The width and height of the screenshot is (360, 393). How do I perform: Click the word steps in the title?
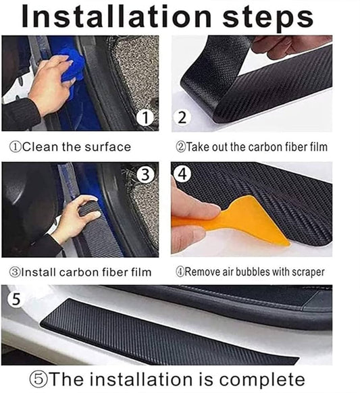point(267,19)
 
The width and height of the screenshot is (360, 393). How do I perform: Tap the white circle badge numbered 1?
point(145,117)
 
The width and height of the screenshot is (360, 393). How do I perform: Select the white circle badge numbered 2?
point(182,117)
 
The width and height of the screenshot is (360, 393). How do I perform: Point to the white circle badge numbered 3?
point(146,174)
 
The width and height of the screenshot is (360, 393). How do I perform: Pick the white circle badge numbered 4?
point(182,174)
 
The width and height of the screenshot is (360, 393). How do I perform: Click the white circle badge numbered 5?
point(16,299)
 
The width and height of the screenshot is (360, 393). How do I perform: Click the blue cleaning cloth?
point(73,66)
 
